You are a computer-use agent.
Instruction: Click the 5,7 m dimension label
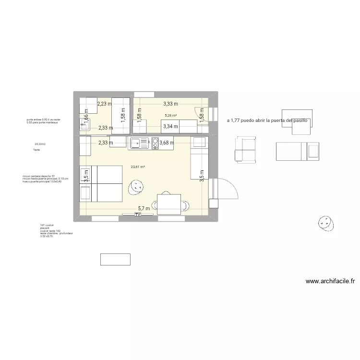(x=144, y=208)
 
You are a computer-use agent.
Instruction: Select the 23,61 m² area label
(x=138, y=167)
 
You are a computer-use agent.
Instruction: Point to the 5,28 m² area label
(x=171, y=115)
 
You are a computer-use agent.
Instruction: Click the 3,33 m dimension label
(x=170, y=103)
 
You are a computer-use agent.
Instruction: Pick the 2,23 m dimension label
(x=105, y=103)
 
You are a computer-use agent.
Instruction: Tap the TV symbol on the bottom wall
(x=138, y=215)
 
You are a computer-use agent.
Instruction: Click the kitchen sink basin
(x=136, y=142)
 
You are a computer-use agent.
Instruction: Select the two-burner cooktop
(x=156, y=142)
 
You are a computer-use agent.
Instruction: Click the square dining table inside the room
(x=169, y=204)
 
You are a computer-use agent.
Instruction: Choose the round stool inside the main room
(x=135, y=187)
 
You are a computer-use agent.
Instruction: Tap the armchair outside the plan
(x=246, y=149)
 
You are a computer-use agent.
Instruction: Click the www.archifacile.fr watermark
(x=330, y=282)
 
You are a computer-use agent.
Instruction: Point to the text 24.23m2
(x=40, y=144)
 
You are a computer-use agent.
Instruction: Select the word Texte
(x=36, y=150)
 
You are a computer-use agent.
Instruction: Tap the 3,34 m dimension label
(x=170, y=127)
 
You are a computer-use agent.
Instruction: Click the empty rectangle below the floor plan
(x=116, y=259)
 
